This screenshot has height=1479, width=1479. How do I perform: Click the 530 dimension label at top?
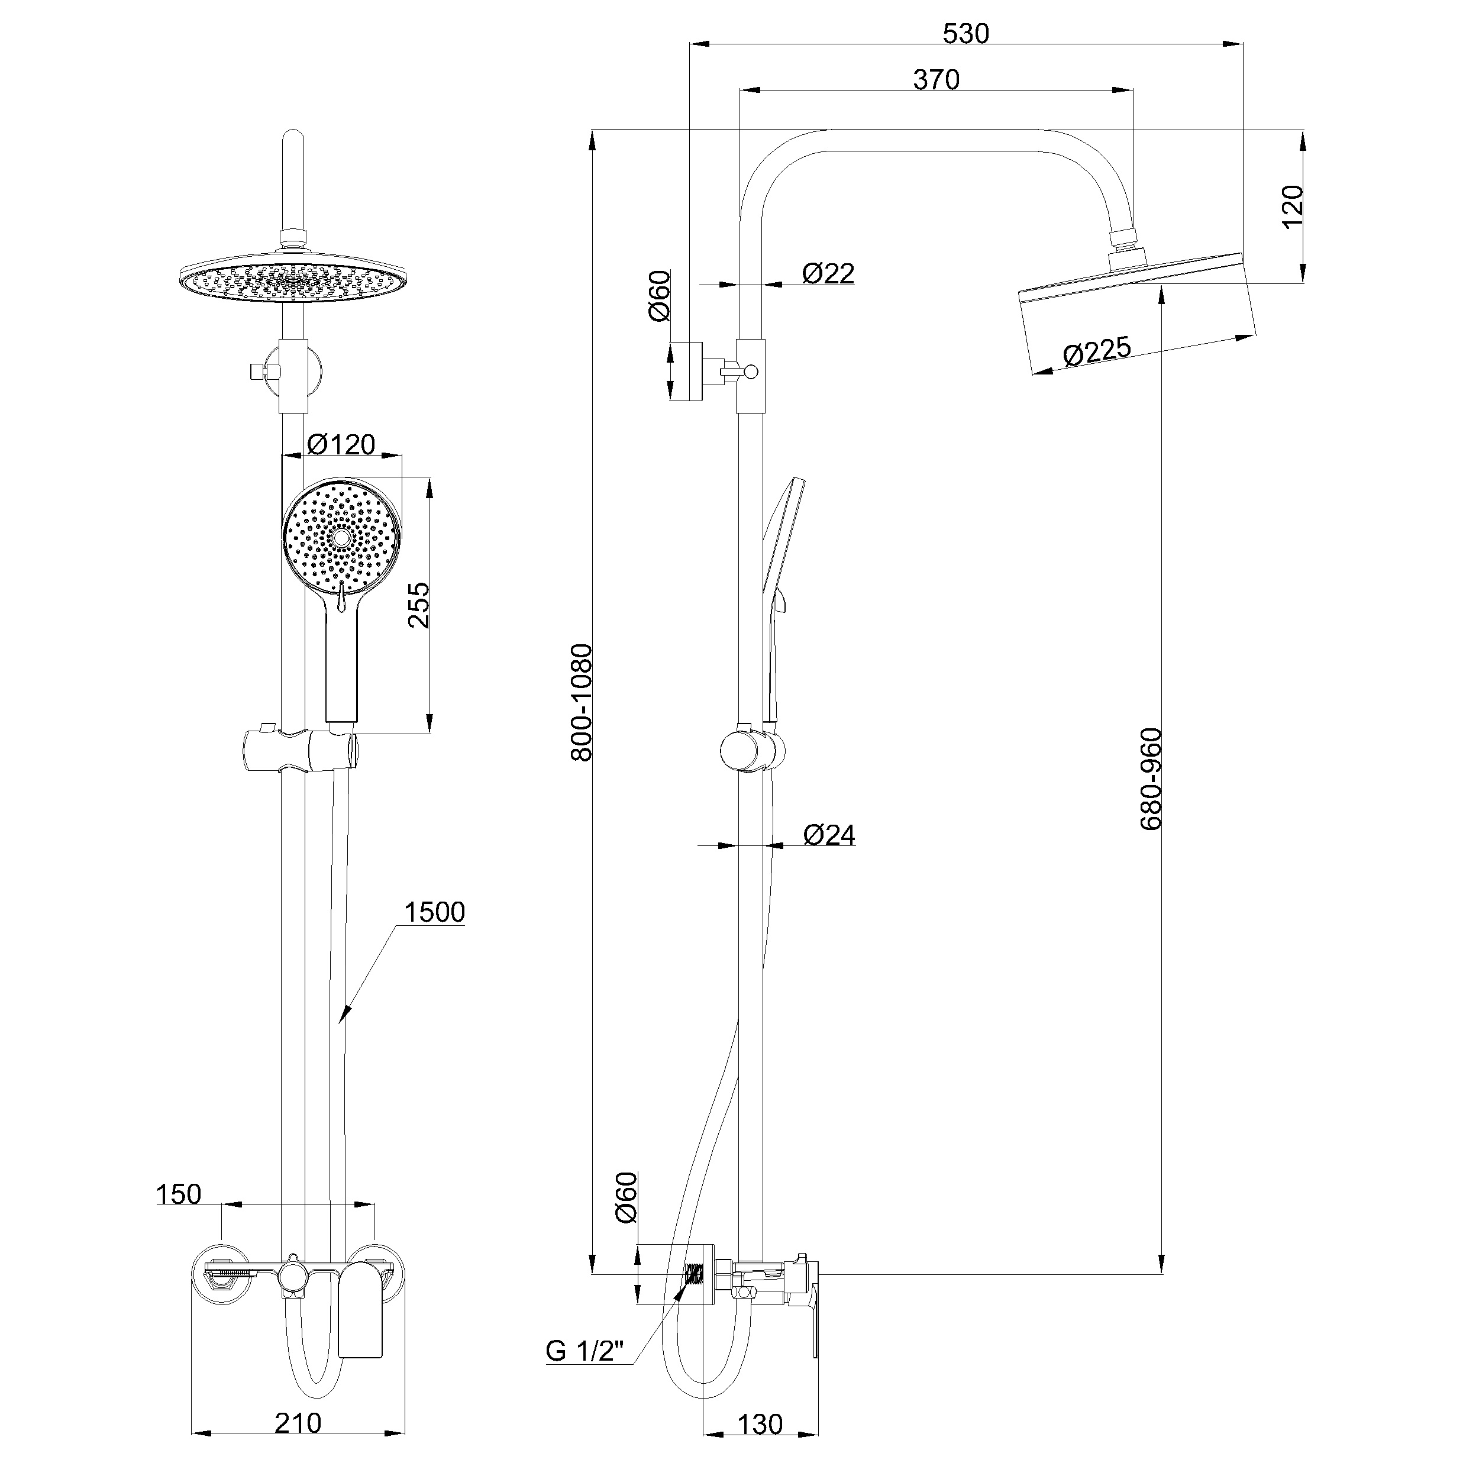point(965,34)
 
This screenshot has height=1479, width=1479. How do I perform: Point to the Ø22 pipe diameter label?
point(828,273)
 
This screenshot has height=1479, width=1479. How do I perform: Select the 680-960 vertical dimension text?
point(1151,779)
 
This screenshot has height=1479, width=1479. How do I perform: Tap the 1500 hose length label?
point(434,912)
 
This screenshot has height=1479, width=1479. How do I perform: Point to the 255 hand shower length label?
point(419,605)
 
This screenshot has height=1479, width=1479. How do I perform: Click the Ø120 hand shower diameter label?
point(341,444)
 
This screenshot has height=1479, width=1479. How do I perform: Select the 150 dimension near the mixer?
point(179,1194)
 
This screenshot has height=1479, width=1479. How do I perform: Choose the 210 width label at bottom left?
point(298,1423)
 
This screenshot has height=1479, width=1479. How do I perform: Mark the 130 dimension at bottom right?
point(760,1425)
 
